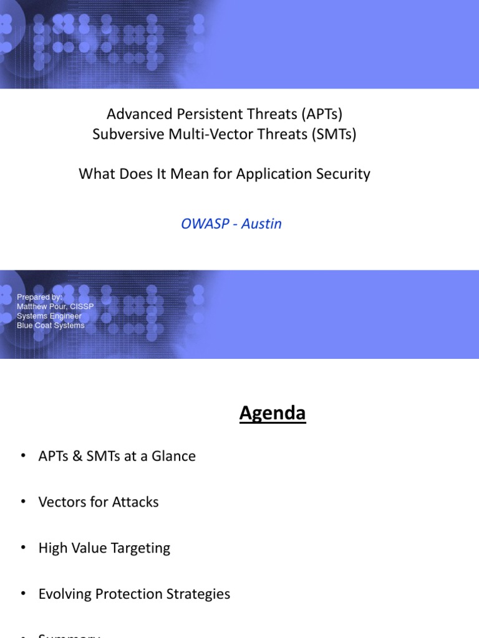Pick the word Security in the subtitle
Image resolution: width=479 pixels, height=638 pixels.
tap(345, 174)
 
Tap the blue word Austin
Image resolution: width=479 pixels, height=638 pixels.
tap(261, 224)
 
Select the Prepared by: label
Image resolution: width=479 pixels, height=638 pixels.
tap(39, 297)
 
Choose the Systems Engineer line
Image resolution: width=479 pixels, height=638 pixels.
tap(49, 316)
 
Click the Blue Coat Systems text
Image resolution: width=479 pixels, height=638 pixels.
tap(51, 325)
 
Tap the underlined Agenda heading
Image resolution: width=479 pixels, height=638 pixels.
tap(273, 414)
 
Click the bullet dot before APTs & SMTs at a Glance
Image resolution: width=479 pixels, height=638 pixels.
tap(24, 456)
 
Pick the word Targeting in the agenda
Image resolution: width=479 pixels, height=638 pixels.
tap(140, 548)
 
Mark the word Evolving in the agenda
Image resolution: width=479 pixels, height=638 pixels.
tap(64, 594)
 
